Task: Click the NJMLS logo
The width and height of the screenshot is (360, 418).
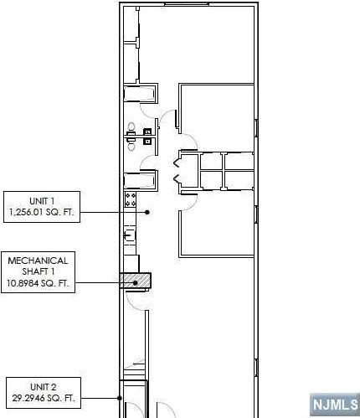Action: point(333,405)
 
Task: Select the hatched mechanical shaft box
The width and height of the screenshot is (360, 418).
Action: point(136,281)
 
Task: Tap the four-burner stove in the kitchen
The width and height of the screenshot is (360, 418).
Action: point(131,199)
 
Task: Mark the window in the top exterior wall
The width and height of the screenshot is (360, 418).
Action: point(187,4)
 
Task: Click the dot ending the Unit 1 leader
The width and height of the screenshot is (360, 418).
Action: point(147,213)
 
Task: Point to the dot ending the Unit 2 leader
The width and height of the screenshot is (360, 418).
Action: point(121,398)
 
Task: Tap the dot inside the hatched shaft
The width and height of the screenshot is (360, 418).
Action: point(135,283)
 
